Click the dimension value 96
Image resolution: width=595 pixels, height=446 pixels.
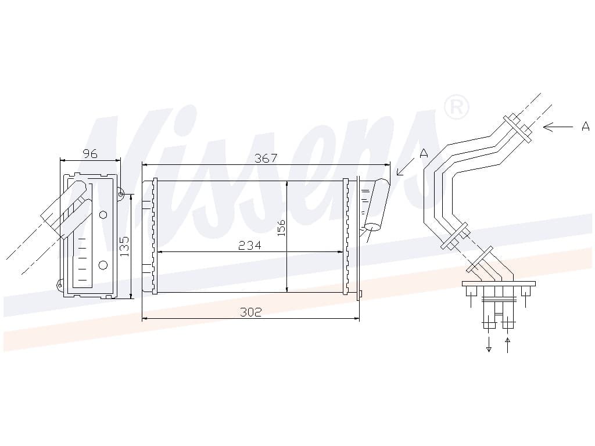pyautogui.click(x=90, y=153)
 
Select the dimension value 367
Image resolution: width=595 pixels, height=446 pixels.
pyautogui.click(x=266, y=158)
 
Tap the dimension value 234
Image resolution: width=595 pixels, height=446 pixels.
pyautogui.click(x=250, y=246)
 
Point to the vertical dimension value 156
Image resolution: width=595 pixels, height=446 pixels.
pyautogui.click(x=281, y=228)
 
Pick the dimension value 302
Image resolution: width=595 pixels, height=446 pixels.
pyautogui.click(x=251, y=312)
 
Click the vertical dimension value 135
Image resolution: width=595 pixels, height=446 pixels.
pyautogui.click(x=124, y=246)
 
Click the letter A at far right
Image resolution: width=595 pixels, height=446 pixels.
pyautogui.click(x=586, y=126)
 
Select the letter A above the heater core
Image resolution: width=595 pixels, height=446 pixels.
pyautogui.click(x=424, y=153)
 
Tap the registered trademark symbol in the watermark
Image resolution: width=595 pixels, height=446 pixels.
pyautogui.click(x=457, y=107)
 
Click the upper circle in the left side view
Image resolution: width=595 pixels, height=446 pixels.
pyautogui.click(x=103, y=215)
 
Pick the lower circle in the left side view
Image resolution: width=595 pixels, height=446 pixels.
pyautogui.click(x=103, y=265)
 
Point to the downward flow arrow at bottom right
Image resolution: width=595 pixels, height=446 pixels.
pyautogui.click(x=489, y=344)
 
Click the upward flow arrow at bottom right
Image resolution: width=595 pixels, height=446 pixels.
pyautogui.click(x=508, y=344)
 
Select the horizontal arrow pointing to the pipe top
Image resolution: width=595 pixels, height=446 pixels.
pyautogui.click(x=558, y=127)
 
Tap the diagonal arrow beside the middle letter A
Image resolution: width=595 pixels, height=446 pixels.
pyautogui.click(x=406, y=167)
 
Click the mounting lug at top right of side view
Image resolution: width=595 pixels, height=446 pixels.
pyautogui.click(x=120, y=194)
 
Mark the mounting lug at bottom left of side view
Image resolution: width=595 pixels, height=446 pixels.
pyautogui.click(x=60, y=285)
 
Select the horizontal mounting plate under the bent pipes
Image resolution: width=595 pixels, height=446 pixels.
pyautogui.click(x=499, y=283)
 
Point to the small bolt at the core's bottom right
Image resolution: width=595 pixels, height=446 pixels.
pyautogui.click(x=360, y=293)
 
